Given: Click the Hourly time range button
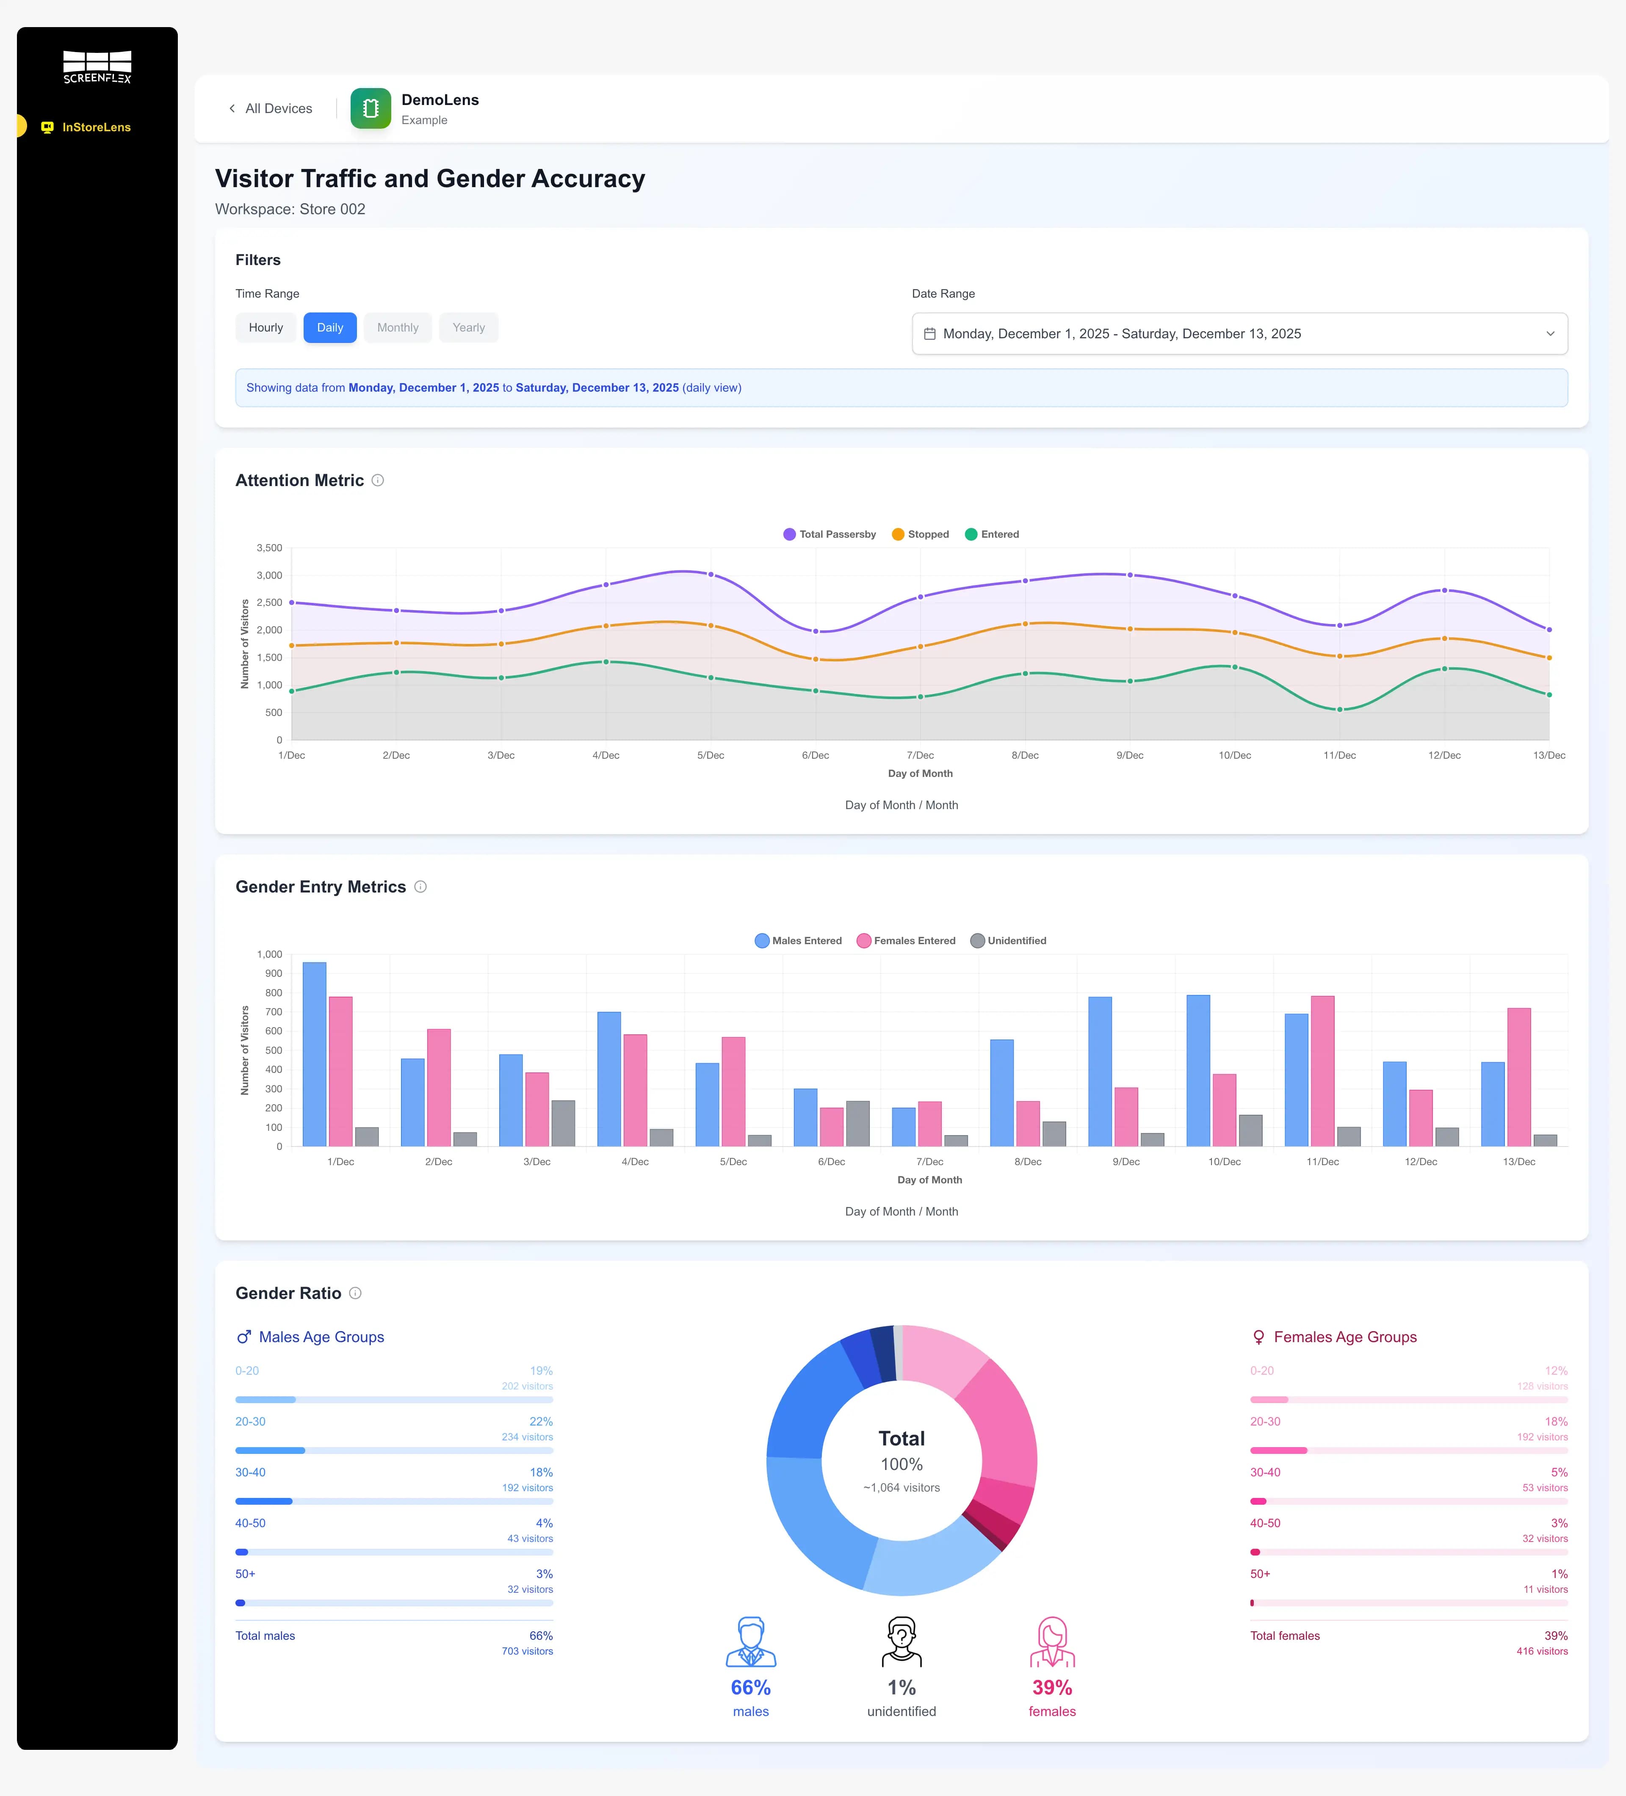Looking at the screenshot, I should tap(265, 328).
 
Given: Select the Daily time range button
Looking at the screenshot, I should tap(330, 328).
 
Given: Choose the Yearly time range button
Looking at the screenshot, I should tap(469, 328).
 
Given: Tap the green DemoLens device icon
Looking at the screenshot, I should tap(371, 109).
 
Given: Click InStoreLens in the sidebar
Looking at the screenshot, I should tap(96, 127).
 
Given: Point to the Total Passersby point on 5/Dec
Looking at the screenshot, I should tap(710, 575).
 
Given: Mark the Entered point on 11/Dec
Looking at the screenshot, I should tap(1339, 710).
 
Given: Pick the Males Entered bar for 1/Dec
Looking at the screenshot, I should tap(315, 1054).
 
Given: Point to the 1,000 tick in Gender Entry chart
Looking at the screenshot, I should tap(269, 954).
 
